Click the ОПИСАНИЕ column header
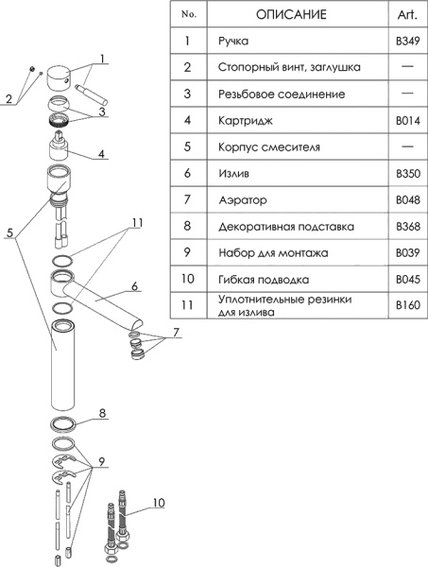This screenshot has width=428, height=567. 291,14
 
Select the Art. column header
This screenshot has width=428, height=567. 407,14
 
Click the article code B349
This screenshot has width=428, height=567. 408,41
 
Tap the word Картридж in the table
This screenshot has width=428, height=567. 245,120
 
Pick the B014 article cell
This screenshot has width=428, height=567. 408,120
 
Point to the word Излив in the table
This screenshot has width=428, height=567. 234,174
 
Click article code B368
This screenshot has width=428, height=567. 408,227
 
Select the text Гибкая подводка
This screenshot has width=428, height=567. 264,280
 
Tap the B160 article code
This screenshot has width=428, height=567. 408,305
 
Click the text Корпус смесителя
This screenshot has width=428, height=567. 269,147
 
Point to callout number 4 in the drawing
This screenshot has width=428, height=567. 102,154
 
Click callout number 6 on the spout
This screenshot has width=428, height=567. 134,286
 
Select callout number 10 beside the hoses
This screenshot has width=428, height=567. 159,503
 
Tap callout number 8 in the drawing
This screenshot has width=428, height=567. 102,413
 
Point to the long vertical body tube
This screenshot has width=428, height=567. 62,365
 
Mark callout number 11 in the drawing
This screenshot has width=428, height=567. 137,223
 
